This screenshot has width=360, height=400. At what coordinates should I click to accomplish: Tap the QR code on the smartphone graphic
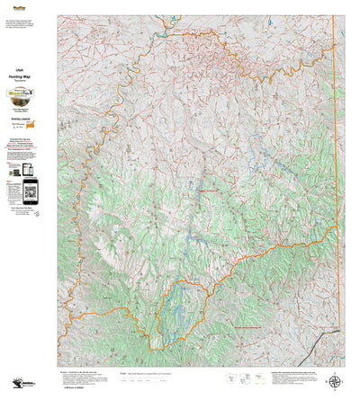[x=31, y=191]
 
